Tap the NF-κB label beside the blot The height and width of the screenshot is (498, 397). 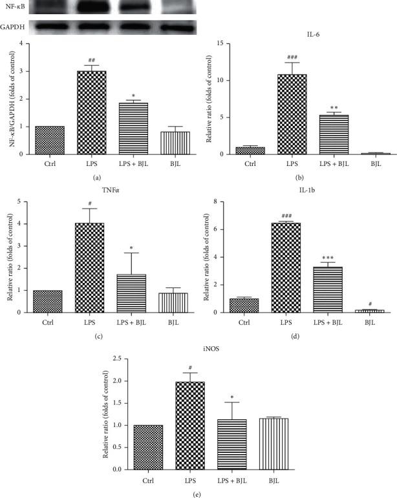point(16,9)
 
